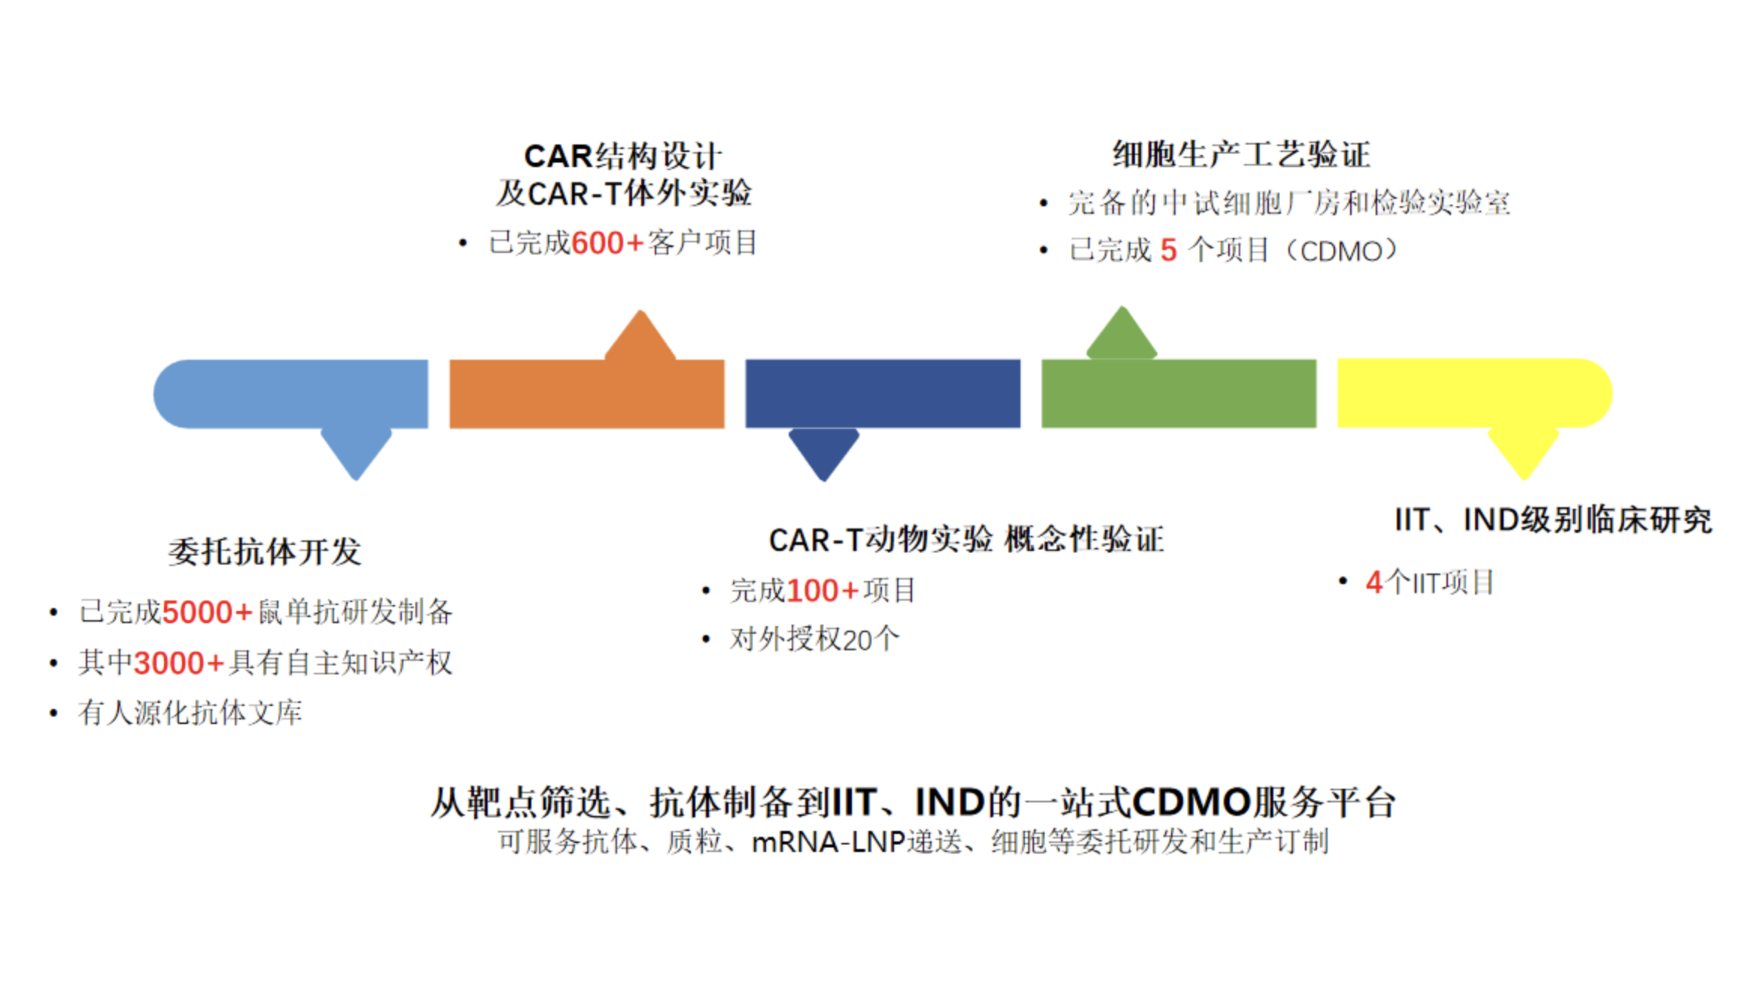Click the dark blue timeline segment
pyautogui.click(x=883, y=394)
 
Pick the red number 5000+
pyautogui.click(x=207, y=612)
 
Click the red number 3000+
pyautogui.click(x=179, y=663)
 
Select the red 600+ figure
pyautogui.click(x=607, y=243)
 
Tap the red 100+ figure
pyautogui.click(x=822, y=591)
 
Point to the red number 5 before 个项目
pyautogui.click(x=1168, y=251)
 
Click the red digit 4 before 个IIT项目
pyautogui.click(x=1374, y=583)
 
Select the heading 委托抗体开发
pyautogui.click(x=265, y=552)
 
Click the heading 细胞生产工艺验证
pyautogui.click(x=1241, y=154)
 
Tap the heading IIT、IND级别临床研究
pyautogui.click(x=1553, y=520)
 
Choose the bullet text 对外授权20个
pyautogui.click(x=814, y=640)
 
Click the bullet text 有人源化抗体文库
pyautogui.click(x=190, y=713)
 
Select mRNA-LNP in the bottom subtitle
pyautogui.click(x=828, y=842)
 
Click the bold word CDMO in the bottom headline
pyautogui.click(x=1191, y=802)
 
